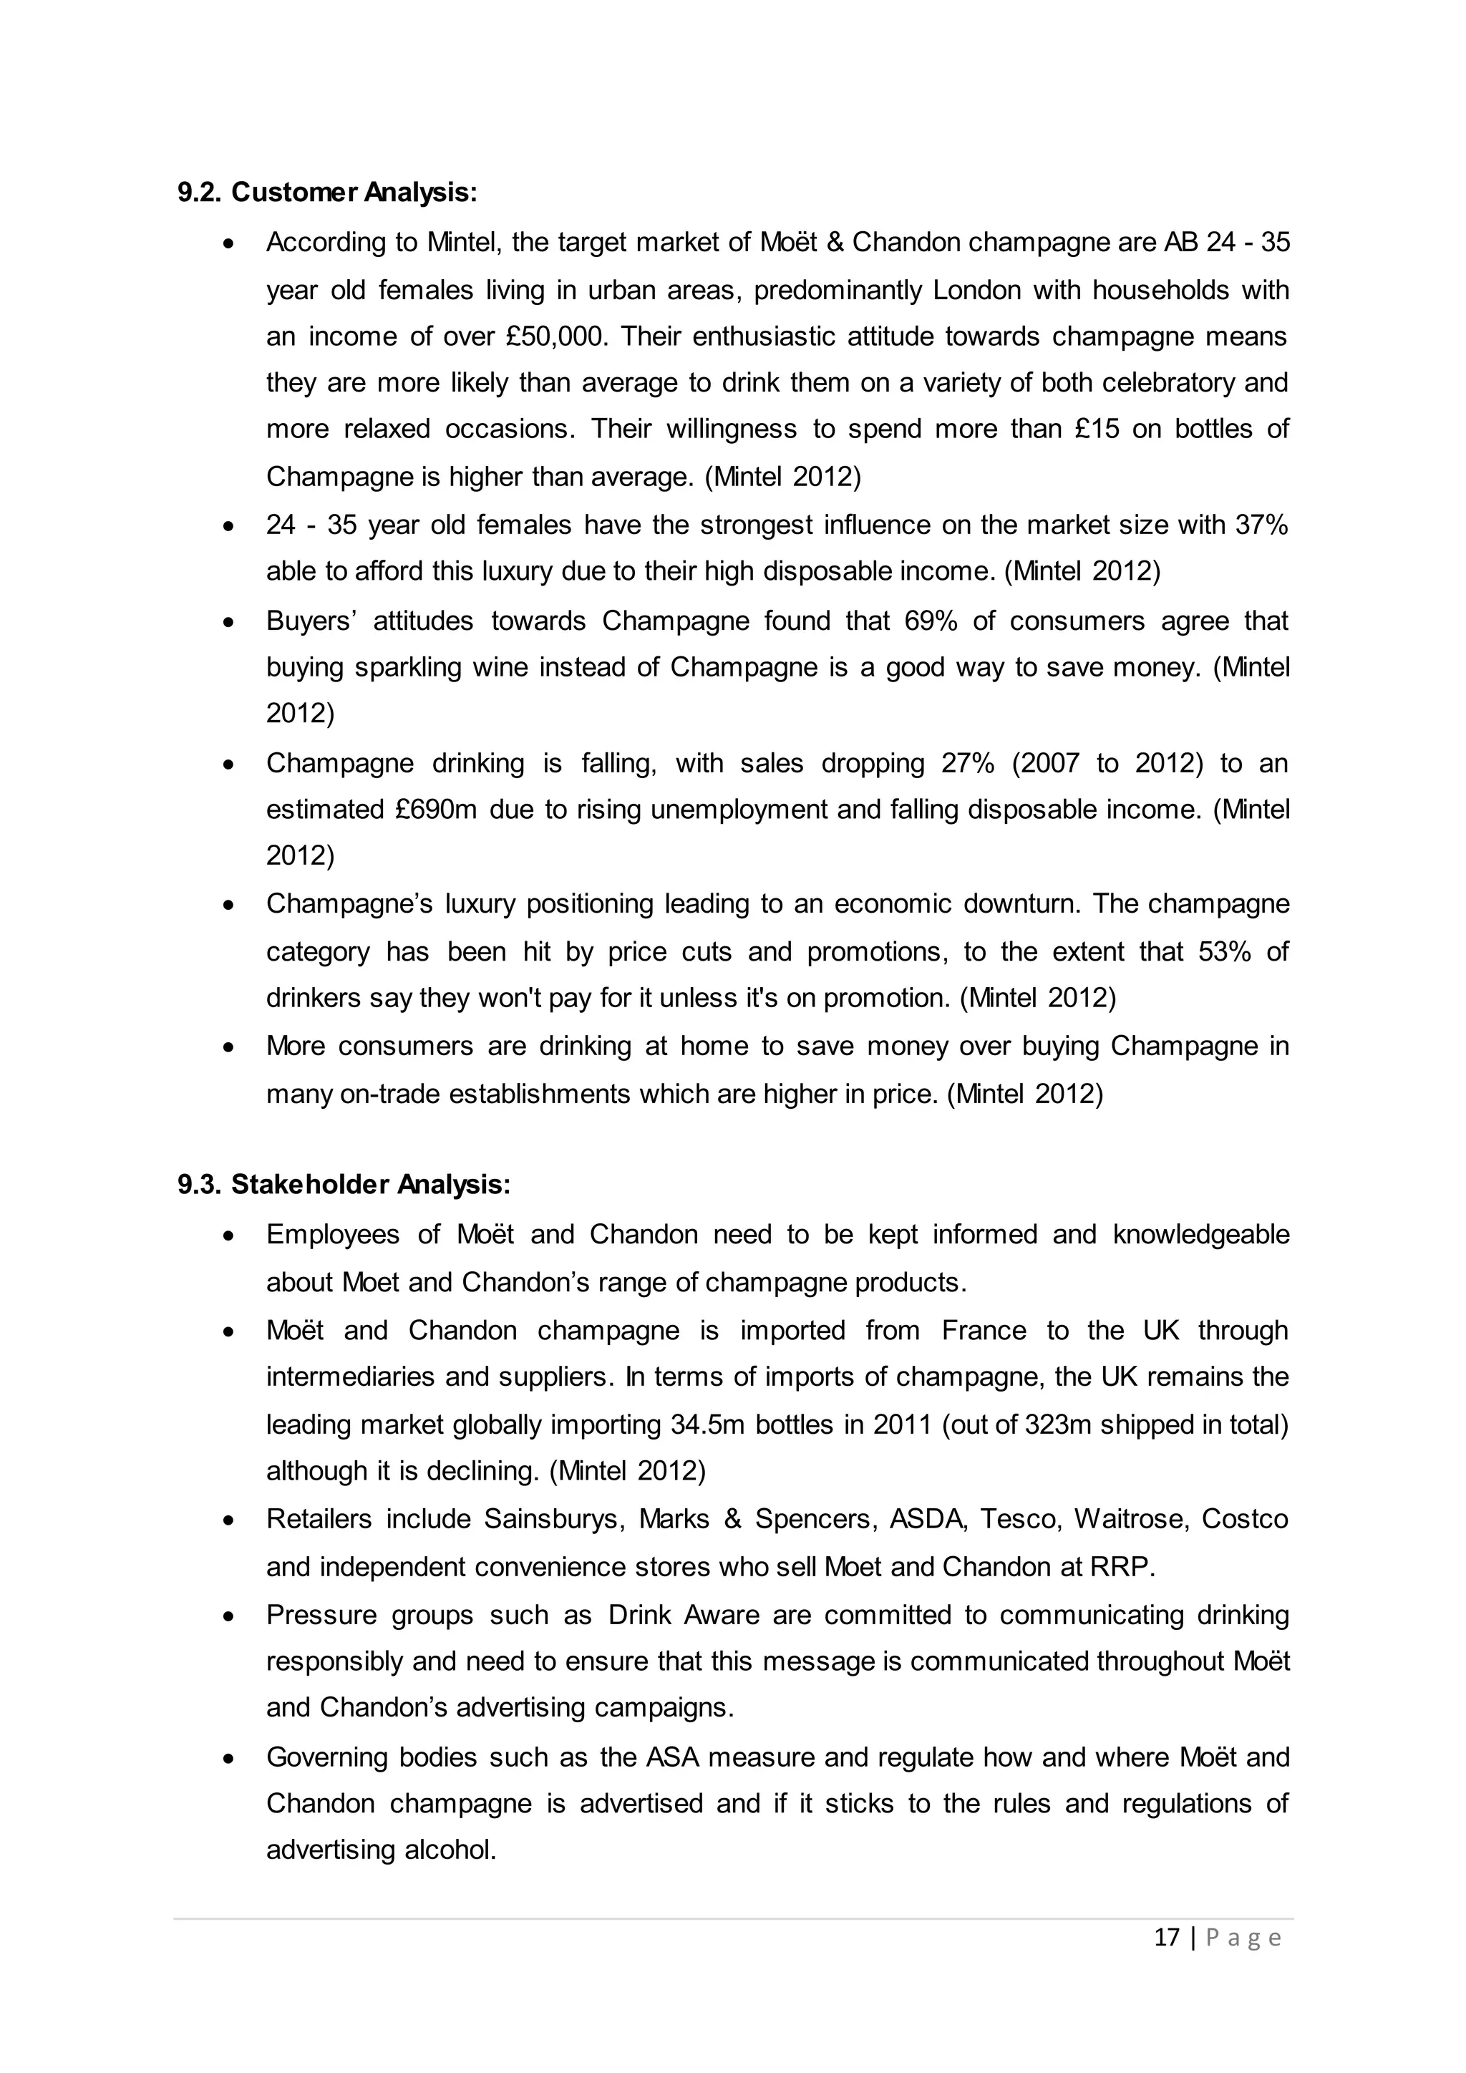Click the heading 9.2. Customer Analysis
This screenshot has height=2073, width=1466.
coord(327,193)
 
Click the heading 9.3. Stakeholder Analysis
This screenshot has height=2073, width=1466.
coord(344,1185)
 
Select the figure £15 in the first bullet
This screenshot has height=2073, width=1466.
coord(1097,429)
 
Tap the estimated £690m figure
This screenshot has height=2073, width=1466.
coord(436,809)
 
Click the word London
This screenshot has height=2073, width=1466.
coord(976,291)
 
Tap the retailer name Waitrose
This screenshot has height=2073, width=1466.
coord(1130,1520)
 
